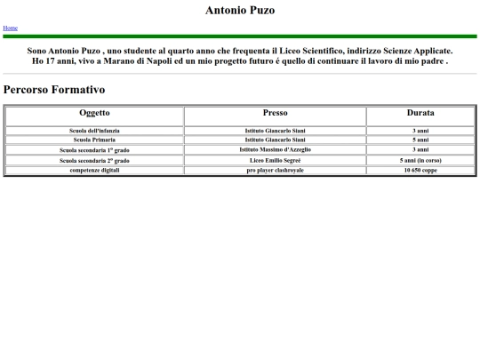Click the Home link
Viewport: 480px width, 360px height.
tap(10, 28)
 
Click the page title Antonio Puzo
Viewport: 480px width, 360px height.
tap(240, 11)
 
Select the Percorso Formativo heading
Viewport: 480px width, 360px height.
tap(54, 90)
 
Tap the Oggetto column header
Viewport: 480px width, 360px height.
tap(94, 114)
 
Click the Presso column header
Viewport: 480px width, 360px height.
tap(275, 114)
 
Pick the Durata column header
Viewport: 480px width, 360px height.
tap(420, 114)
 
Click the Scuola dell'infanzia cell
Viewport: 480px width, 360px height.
tap(94, 131)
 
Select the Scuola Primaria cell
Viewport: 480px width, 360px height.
tap(94, 140)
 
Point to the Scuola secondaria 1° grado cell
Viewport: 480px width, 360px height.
tap(94, 150)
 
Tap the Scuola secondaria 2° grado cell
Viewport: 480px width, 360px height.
tap(94, 161)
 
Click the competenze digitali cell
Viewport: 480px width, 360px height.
tap(94, 170)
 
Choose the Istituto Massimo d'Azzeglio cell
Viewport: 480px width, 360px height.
tap(275, 149)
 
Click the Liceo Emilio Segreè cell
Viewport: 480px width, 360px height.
tap(275, 160)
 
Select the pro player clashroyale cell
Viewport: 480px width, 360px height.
tap(275, 170)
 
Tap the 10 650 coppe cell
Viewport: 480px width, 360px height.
tap(420, 170)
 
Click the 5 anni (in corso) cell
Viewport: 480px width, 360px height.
tap(420, 160)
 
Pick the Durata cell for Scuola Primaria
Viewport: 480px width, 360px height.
tap(420, 140)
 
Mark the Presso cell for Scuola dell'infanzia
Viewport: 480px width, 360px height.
tap(275, 131)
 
